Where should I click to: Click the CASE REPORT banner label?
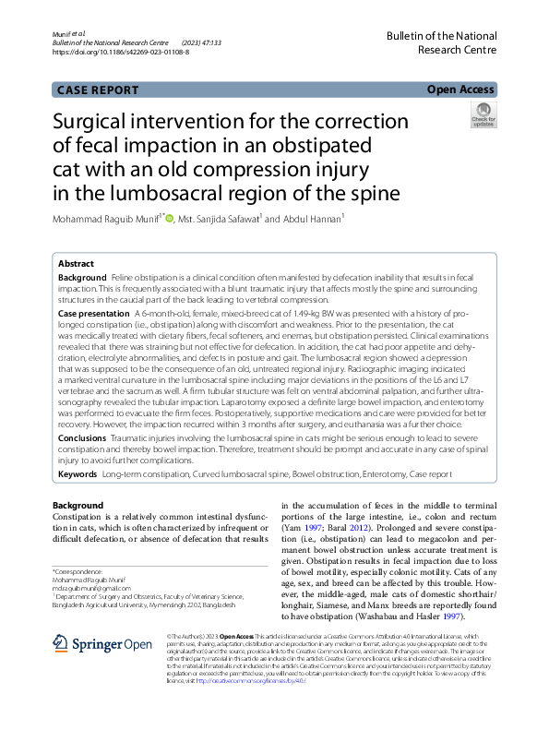(x=97, y=90)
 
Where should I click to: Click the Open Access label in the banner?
(x=460, y=90)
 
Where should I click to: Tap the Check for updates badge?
(x=482, y=115)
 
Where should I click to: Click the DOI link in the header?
(x=122, y=53)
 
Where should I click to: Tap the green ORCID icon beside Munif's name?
(x=170, y=220)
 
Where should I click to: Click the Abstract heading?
(x=76, y=263)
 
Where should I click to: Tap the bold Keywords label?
(x=78, y=473)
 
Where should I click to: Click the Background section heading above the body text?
(x=78, y=506)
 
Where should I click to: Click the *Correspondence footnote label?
(x=78, y=572)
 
